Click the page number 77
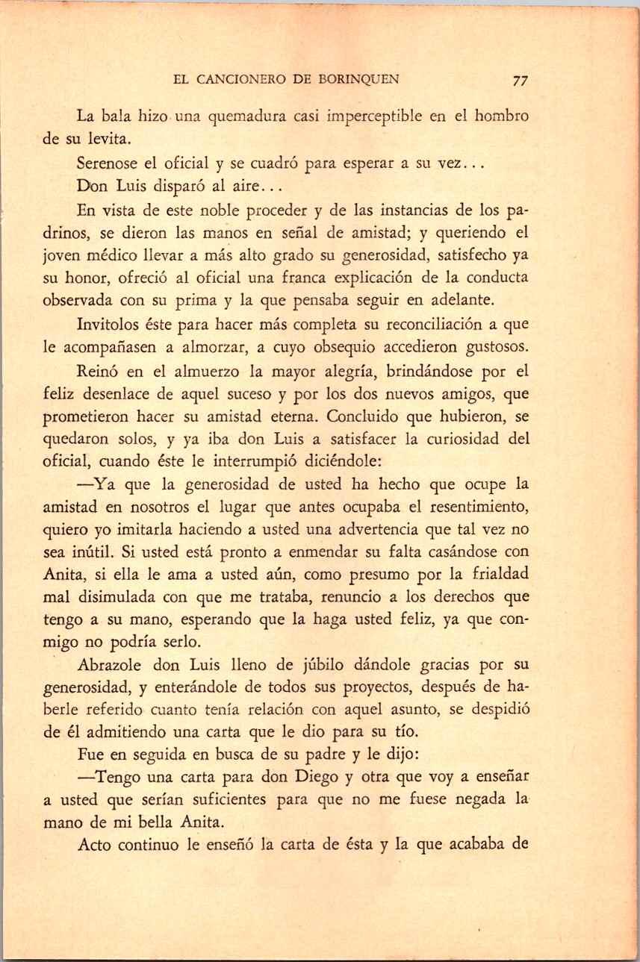tap(521, 80)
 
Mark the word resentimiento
tap(467, 510)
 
